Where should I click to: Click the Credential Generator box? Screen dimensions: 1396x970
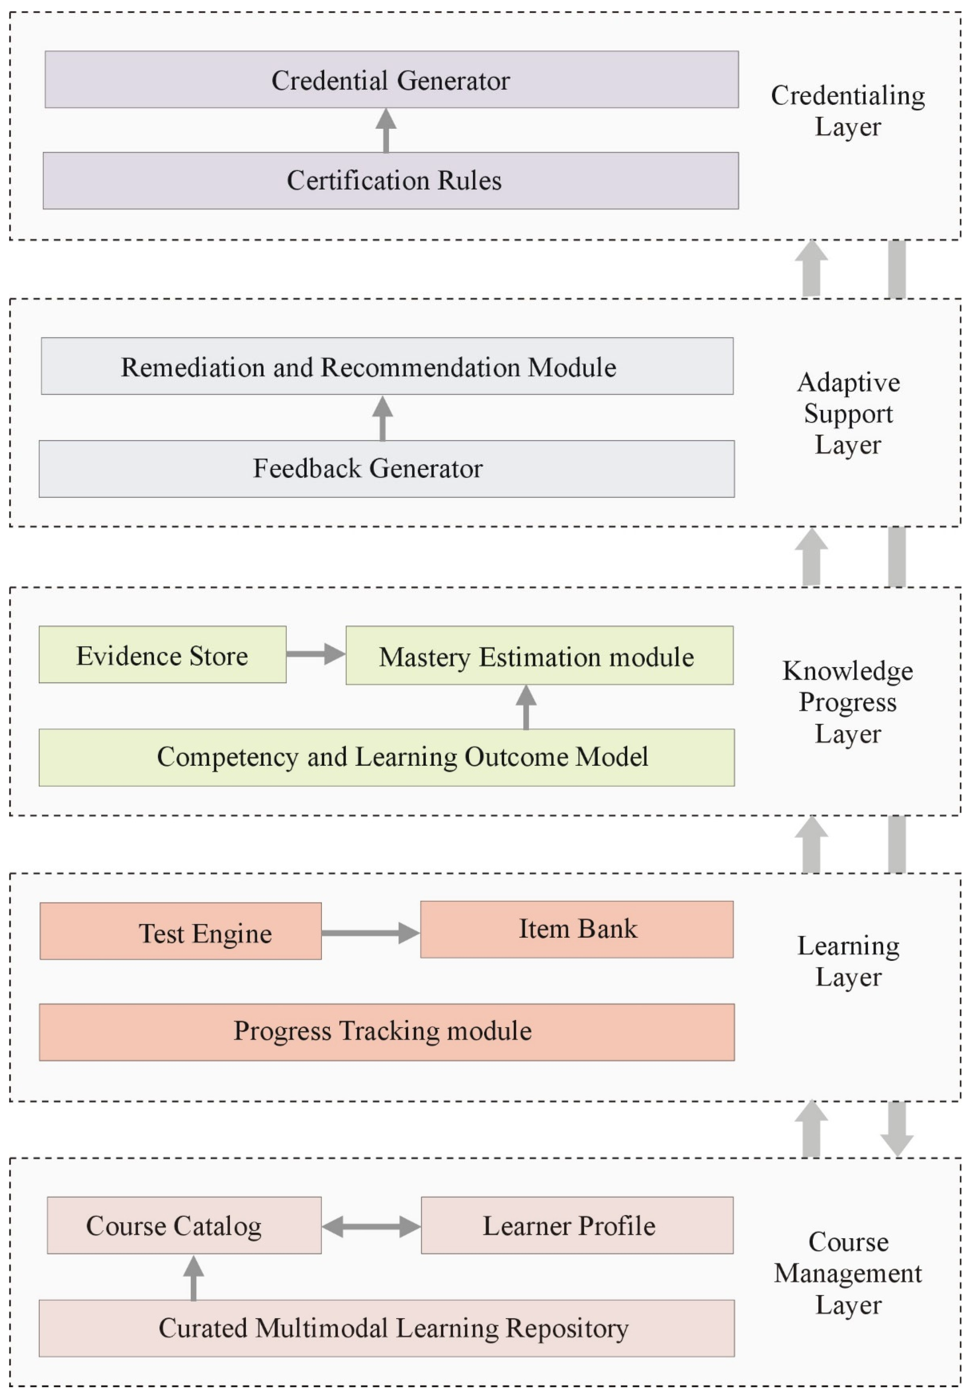391,79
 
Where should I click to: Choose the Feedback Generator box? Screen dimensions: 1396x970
386,468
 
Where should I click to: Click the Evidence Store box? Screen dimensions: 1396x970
162,654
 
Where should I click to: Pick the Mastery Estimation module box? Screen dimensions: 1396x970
539,655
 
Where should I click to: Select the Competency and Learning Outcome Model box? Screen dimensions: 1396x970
386,757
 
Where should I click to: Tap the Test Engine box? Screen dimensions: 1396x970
180,931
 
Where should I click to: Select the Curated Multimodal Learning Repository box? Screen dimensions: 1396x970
386,1328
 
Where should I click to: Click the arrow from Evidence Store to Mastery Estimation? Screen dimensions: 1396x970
315,654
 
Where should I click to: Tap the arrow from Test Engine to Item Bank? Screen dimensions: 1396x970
370,933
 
